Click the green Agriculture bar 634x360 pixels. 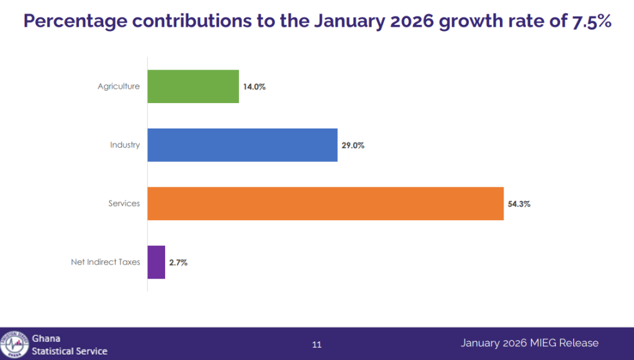pos(193,86)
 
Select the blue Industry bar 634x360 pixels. pos(242,145)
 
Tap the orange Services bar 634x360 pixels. pos(325,204)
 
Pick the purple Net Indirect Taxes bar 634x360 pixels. pos(156,262)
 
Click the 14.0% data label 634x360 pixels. pos(255,87)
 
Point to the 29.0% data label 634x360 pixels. pos(353,145)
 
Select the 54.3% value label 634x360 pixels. pos(519,204)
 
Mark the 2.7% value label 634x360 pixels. pos(178,263)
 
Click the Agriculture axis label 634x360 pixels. pos(119,86)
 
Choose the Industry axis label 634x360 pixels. pos(125,145)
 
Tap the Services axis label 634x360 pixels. pos(124,204)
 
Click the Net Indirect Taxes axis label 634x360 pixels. pos(106,262)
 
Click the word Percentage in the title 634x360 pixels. pos(75,22)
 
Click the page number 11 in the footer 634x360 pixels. pos(317,344)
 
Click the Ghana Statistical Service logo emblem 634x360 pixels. pos(14,344)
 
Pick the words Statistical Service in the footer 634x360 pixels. pos(70,351)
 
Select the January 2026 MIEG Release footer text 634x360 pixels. pos(530,343)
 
